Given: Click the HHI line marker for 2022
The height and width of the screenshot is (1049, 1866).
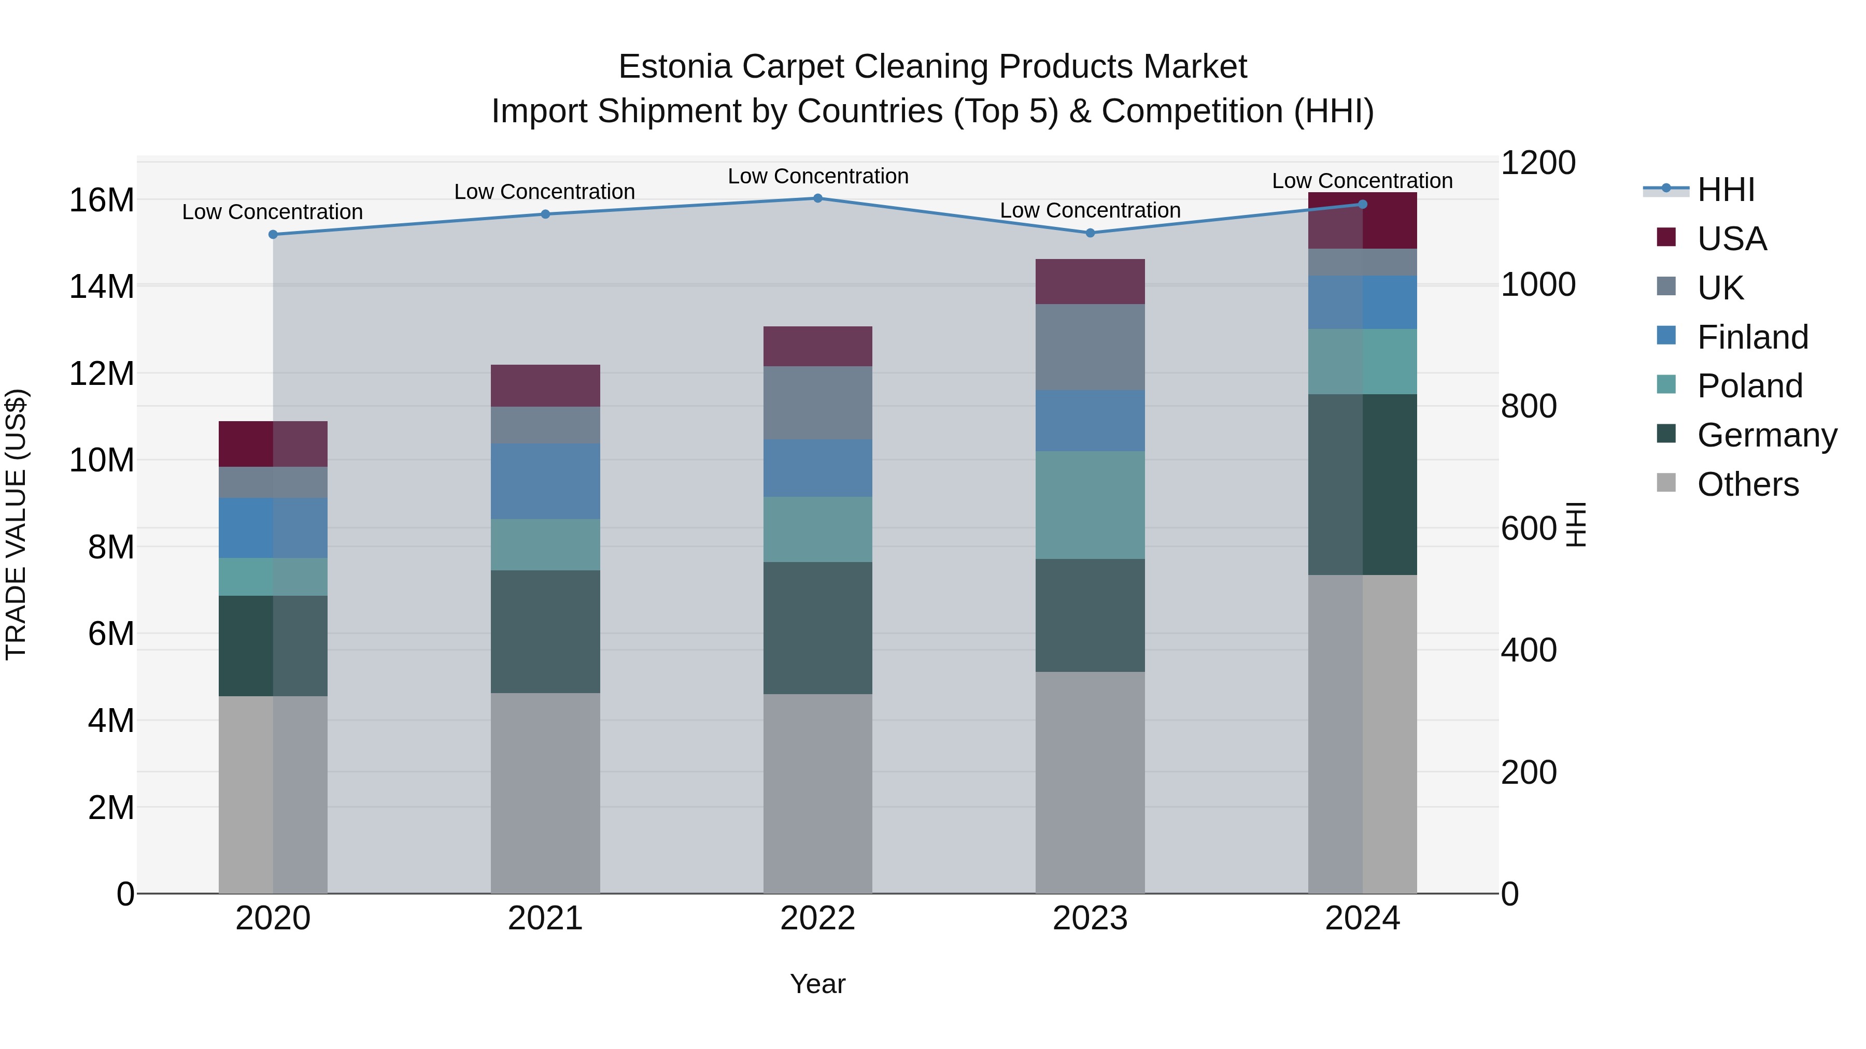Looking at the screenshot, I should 818,198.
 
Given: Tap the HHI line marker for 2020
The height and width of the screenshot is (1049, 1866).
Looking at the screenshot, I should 273,235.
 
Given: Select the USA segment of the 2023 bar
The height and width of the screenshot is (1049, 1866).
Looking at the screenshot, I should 1090,282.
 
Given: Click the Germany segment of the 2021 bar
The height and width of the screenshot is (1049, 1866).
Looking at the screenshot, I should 545,631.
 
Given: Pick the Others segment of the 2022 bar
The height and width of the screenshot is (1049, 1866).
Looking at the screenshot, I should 818,794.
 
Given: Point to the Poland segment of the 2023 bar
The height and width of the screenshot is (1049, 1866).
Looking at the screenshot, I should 1090,505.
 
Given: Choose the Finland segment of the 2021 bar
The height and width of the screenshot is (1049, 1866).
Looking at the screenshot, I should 545,481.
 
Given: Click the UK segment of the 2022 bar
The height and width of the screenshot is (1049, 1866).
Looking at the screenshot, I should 818,403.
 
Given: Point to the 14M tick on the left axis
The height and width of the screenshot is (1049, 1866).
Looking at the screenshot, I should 102,286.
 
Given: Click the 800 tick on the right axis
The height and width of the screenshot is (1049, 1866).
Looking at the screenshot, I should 1529,406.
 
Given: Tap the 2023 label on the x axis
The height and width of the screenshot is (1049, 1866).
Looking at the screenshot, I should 1090,918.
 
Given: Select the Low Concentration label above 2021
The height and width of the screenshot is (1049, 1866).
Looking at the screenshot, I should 545,192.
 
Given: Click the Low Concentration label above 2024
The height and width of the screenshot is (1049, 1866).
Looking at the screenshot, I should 1362,181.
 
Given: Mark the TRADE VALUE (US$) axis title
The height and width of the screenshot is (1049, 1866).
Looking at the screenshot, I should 16,524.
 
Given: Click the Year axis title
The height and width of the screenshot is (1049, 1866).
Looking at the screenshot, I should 818,984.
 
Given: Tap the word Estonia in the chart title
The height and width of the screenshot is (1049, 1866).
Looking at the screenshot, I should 674,67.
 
